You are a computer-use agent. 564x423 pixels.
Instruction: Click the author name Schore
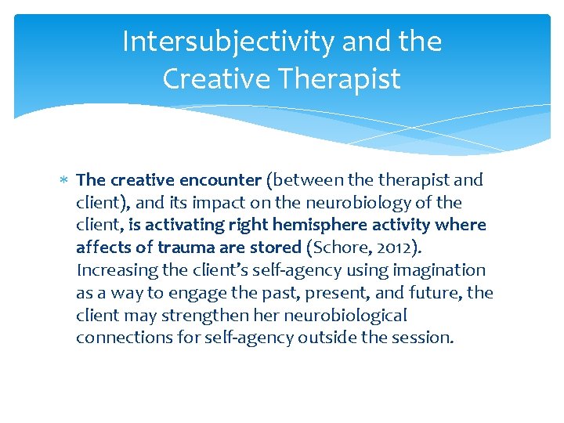(x=336, y=248)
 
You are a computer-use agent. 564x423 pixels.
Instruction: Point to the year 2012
(x=385, y=248)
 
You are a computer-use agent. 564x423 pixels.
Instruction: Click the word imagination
(x=442, y=270)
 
